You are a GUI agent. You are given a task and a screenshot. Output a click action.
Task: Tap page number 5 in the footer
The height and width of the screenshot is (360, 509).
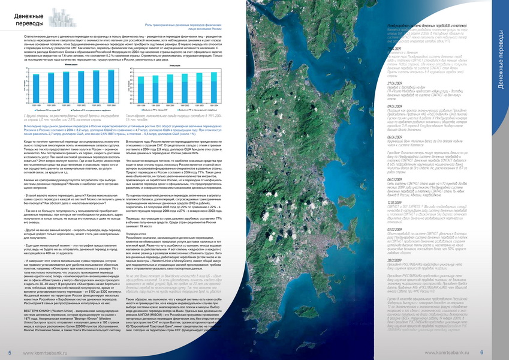point(10,352)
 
